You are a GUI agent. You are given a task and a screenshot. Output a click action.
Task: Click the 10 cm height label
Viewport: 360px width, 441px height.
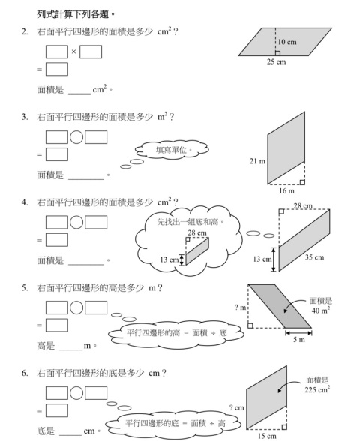tap(287, 42)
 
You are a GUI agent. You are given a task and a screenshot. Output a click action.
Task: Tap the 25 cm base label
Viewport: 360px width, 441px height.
tap(277, 61)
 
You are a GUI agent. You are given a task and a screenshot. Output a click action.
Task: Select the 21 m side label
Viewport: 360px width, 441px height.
tap(257, 161)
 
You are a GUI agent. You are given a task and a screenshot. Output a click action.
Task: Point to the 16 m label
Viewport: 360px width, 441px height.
tap(286, 191)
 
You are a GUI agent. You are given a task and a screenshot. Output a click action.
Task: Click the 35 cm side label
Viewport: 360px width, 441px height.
tap(314, 257)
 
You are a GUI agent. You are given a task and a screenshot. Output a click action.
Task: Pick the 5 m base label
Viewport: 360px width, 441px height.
tap(299, 340)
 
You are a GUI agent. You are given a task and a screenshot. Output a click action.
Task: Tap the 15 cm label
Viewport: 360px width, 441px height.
tap(267, 436)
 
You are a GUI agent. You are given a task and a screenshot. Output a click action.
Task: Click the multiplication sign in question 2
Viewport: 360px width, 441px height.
tap(73, 52)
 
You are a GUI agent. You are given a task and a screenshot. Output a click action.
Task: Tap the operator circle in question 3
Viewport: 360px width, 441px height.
tap(76, 137)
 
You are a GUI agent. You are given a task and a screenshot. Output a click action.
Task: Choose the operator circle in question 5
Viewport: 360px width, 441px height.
tap(76, 307)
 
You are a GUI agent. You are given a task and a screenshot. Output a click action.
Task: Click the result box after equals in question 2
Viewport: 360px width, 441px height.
tap(57, 69)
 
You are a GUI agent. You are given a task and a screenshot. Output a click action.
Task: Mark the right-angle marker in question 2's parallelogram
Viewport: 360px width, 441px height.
tap(277, 53)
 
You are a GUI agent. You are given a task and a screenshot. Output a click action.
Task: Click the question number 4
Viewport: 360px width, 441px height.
tap(25, 202)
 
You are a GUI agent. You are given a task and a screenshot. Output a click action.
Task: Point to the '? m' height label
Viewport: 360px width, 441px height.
tap(240, 307)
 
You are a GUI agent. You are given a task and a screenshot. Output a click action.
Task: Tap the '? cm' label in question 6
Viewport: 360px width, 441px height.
tap(236, 407)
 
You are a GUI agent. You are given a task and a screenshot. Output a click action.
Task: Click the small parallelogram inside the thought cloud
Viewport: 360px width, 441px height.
tap(197, 251)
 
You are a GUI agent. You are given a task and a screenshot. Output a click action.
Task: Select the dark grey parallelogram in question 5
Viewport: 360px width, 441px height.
tap(280, 306)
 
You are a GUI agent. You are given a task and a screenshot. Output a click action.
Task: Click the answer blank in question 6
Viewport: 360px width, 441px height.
tap(70, 434)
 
